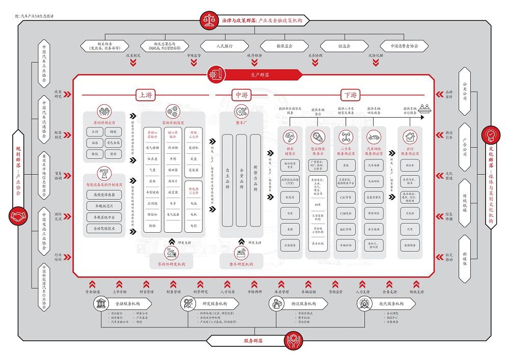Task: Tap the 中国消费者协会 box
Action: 405,46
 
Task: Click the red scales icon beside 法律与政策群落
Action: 209,20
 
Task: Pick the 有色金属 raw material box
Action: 114,143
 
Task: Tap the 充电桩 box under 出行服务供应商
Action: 410,213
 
